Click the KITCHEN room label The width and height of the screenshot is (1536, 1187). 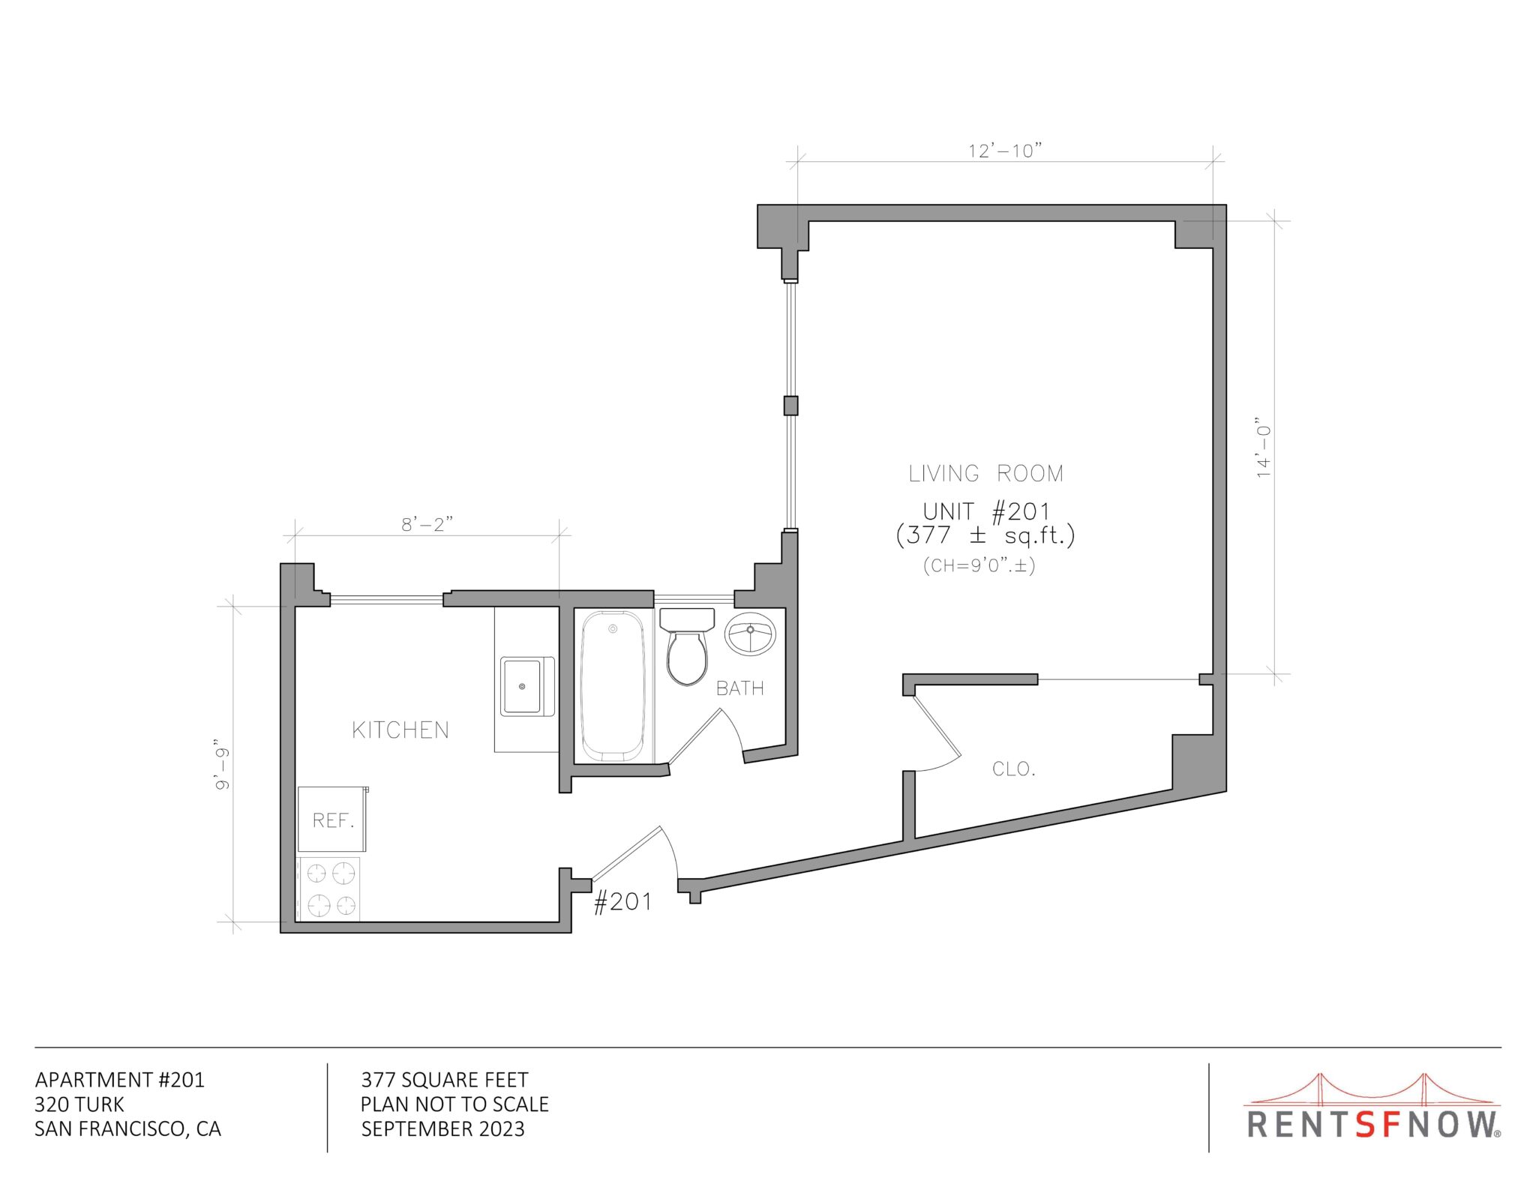[x=400, y=730]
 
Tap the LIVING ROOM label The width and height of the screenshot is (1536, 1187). [x=985, y=474]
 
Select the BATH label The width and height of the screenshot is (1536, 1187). [x=739, y=688]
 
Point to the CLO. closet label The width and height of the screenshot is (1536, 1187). [x=1013, y=769]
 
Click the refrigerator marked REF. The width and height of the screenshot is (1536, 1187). [x=332, y=820]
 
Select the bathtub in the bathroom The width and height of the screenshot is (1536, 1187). [x=613, y=685]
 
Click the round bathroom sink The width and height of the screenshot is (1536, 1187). [x=749, y=634]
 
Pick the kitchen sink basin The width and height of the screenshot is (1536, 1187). [x=523, y=685]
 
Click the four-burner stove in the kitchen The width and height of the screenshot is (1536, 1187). [x=329, y=889]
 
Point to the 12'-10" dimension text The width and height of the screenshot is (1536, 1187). [x=1005, y=151]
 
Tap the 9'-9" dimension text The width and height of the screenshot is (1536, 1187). [x=222, y=769]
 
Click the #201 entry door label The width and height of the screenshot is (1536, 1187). [x=622, y=901]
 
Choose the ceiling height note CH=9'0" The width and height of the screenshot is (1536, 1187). [x=979, y=565]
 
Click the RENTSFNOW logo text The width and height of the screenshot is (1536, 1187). [x=1372, y=1125]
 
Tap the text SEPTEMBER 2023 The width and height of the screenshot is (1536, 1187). [x=442, y=1129]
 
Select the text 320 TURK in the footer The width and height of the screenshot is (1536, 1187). [x=79, y=1105]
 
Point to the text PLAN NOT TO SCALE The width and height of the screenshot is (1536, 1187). [x=454, y=1105]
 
